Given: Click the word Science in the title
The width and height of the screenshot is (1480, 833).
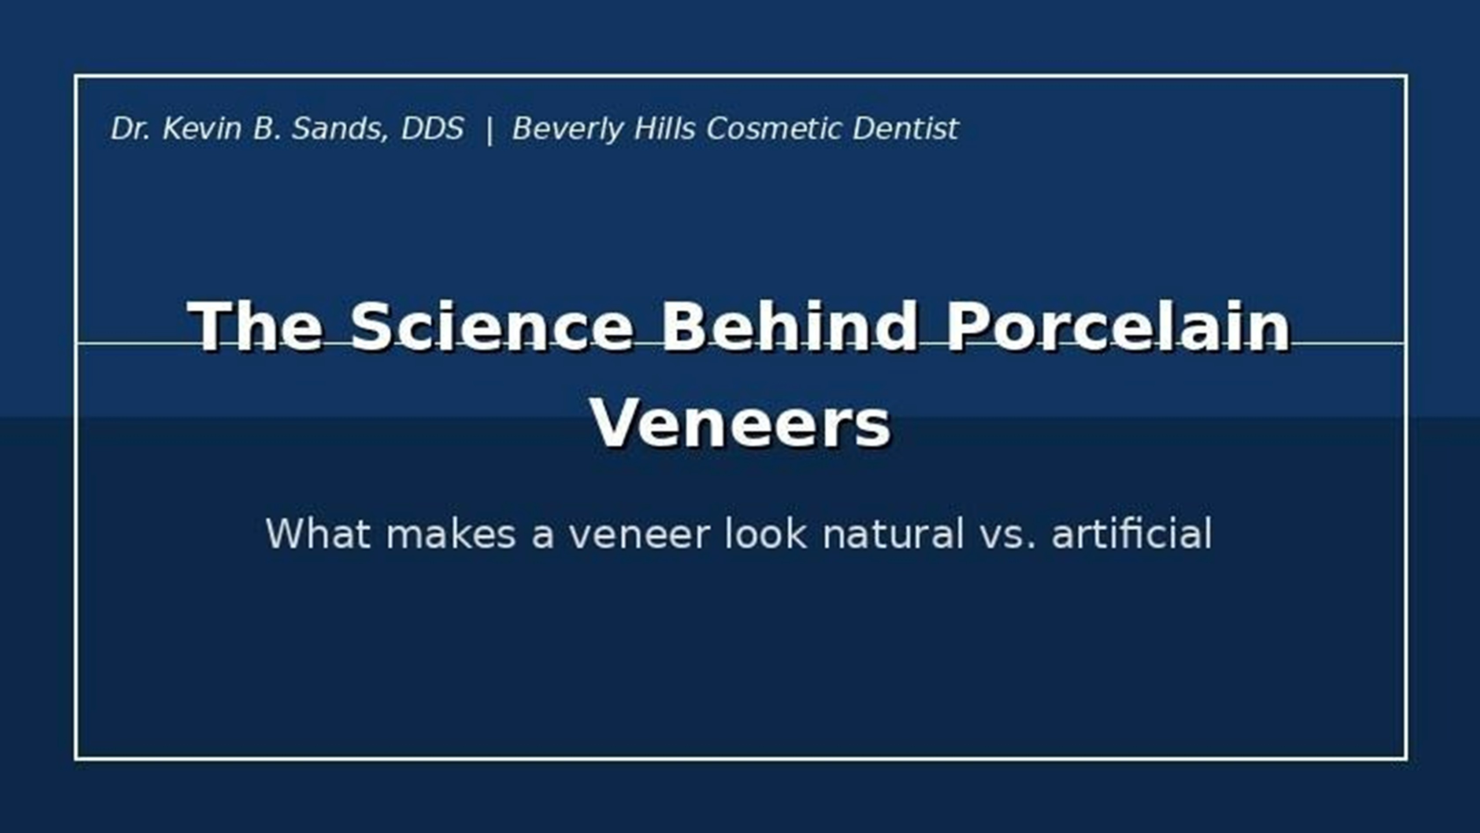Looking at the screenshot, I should tap(491, 326).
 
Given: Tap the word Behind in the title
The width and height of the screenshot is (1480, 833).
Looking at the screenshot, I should tap(790, 326).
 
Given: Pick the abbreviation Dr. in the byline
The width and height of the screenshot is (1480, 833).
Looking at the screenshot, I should tap(130, 128).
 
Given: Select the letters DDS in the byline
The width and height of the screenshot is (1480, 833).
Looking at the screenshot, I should tap(432, 128).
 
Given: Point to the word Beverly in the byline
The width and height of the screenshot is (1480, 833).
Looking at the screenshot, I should tap(567, 128).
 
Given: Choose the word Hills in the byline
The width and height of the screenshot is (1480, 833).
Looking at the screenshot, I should tap(665, 128).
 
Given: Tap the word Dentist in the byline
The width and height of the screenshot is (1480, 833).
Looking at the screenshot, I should tap(905, 128).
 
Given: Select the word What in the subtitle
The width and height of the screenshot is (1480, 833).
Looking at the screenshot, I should tap(318, 533).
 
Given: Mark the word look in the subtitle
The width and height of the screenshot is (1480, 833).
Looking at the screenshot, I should tap(765, 533).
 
